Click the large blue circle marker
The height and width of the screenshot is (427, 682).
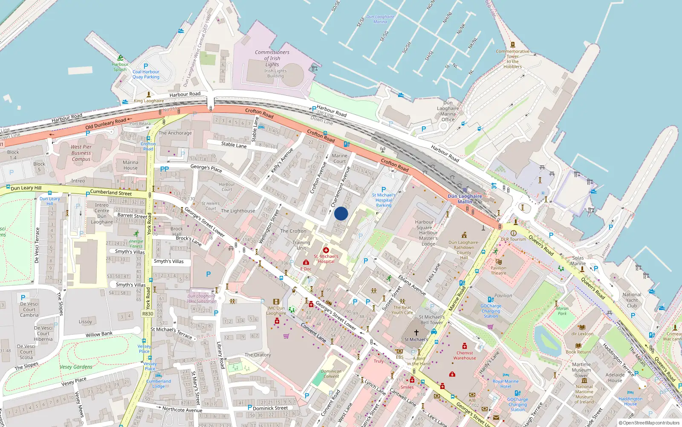[341, 213]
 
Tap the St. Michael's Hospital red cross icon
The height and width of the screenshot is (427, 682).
[326, 250]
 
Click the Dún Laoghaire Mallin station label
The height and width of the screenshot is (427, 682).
[465, 199]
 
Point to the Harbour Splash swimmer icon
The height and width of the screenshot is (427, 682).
[120, 58]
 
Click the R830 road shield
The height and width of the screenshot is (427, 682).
[147, 314]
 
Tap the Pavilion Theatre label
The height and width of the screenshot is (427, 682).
[498, 271]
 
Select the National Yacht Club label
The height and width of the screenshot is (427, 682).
[632, 300]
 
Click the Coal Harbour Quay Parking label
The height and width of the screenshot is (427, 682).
[146, 74]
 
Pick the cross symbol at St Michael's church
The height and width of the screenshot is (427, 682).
[416, 333]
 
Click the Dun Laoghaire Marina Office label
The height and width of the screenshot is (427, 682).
[448, 111]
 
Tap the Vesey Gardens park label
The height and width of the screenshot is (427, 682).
[76, 367]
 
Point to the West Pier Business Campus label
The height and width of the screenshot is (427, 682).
[81, 153]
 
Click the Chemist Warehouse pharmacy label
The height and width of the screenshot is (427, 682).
[465, 355]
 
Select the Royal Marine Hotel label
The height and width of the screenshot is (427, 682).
[506, 384]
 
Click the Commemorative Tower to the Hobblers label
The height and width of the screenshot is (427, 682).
[512, 59]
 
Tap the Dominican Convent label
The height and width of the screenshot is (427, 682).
[331, 374]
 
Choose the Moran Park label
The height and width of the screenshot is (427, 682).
[562, 311]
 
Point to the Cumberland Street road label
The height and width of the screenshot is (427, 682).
[111, 193]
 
